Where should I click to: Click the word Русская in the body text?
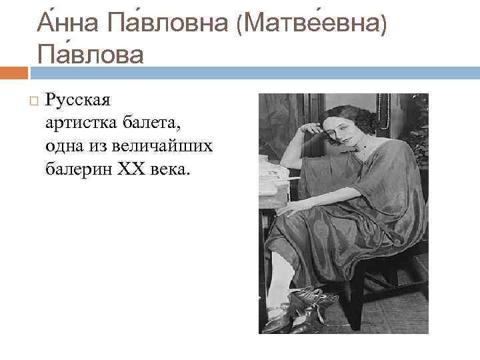[78, 101]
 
